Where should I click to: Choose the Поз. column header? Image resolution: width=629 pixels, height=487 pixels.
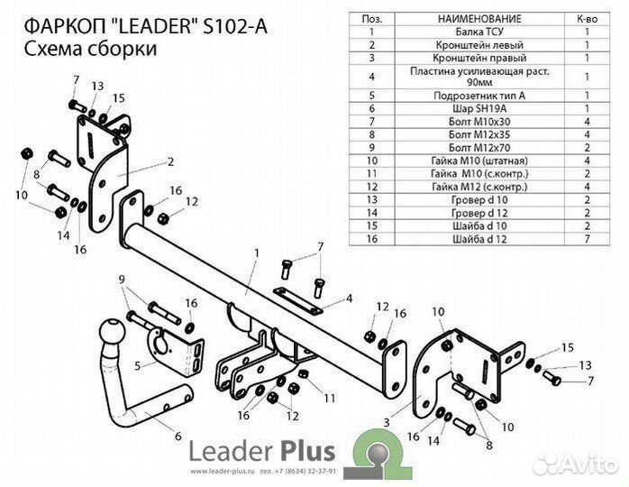click(x=371, y=17)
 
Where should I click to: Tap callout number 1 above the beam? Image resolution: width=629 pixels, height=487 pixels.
click(x=256, y=252)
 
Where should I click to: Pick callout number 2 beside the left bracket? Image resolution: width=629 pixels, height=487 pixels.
click(x=169, y=163)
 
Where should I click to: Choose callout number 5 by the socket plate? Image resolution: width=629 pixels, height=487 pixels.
click(x=137, y=366)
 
